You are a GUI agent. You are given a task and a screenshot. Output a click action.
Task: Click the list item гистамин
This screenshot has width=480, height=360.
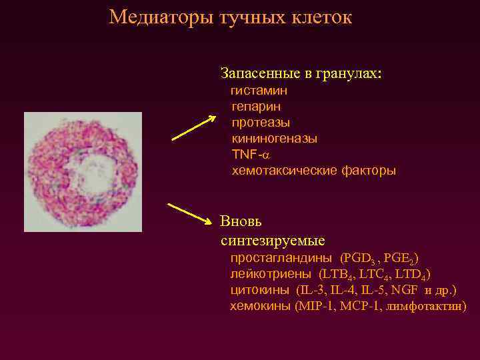click(x=259, y=90)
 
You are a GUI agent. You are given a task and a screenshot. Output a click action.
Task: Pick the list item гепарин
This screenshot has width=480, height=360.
click(x=255, y=106)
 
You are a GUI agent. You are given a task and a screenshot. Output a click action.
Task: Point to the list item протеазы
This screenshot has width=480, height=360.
click(x=261, y=122)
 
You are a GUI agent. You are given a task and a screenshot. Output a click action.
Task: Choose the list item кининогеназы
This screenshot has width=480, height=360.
click(x=274, y=138)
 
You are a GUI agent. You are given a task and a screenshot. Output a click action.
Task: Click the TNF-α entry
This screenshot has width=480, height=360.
click(x=249, y=154)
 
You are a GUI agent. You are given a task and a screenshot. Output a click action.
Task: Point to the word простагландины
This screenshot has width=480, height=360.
click(x=281, y=257)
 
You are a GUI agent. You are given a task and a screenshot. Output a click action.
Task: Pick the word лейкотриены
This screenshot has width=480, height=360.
click(x=271, y=273)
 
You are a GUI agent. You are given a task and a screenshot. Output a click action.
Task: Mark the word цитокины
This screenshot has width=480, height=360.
click(x=259, y=290)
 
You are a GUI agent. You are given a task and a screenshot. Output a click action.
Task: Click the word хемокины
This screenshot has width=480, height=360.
click(x=260, y=306)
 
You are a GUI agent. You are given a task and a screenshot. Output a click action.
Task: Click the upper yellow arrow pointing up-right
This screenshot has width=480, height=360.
click(x=194, y=128)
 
